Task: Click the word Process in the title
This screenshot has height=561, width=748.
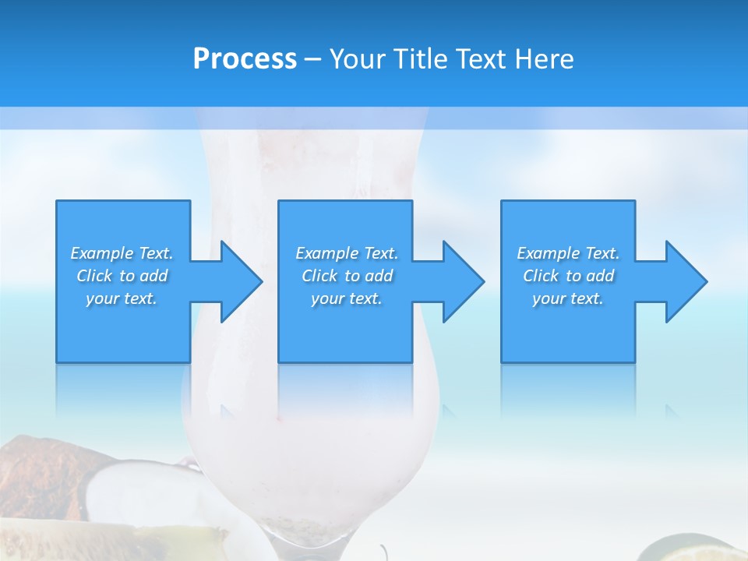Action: coord(245,59)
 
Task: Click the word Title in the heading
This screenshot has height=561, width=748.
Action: coord(417,59)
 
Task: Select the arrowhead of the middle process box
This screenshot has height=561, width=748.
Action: coord(462,281)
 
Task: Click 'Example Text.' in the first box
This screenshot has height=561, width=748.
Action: coord(122,253)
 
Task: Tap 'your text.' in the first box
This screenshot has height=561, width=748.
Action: coord(122,298)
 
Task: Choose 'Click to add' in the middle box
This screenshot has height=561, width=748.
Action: coord(347,276)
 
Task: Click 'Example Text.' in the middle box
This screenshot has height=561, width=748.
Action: coord(347,253)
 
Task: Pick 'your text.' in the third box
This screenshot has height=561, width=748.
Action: coord(568,298)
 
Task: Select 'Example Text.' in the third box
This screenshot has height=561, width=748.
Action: coord(568,253)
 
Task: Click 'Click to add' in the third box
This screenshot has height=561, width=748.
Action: coord(568,276)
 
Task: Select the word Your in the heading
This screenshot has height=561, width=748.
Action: coord(357,59)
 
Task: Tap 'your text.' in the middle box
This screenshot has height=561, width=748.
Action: coord(347,298)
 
